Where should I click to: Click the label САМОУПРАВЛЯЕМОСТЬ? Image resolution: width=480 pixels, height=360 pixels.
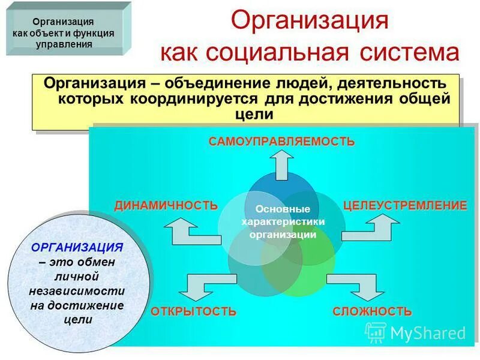281,142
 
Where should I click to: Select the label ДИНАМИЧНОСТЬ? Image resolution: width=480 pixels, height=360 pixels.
166,205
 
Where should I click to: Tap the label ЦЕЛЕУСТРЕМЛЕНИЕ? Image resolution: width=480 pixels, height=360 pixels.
404,205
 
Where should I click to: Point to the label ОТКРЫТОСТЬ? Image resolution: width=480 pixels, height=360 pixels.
193,311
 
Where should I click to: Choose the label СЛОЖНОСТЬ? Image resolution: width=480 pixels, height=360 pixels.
372,311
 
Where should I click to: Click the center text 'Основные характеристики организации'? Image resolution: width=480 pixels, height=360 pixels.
283,222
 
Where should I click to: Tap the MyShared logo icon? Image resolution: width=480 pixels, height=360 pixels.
376,332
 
